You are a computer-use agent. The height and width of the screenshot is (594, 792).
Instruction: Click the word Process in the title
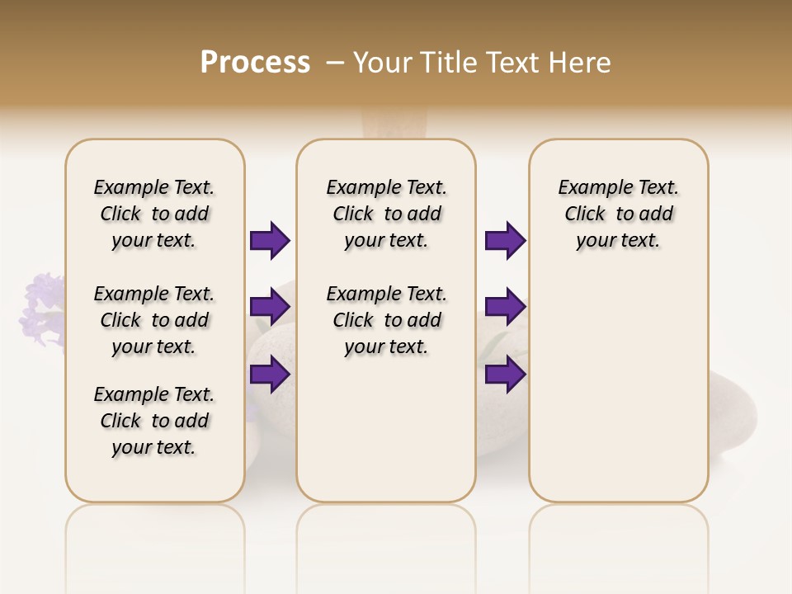(255, 63)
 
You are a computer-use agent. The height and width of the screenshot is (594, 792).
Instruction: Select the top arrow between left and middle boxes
(270, 240)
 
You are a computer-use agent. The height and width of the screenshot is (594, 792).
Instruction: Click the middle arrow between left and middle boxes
(270, 307)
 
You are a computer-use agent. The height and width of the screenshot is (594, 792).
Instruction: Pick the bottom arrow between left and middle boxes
(270, 374)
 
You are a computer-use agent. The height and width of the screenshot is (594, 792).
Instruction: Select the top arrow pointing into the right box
(505, 240)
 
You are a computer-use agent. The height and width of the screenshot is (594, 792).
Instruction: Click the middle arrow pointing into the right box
(505, 307)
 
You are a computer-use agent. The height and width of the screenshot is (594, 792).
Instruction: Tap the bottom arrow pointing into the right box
(505, 374)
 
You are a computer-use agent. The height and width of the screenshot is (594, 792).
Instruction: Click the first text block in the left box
(154, 214)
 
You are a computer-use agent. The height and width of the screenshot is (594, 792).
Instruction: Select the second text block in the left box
(154, 320)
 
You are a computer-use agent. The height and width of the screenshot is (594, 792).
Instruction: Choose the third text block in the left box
(154, 421)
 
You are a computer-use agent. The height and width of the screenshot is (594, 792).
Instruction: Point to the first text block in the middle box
(386, 214)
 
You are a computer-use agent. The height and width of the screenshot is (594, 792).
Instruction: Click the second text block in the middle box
(386, 320)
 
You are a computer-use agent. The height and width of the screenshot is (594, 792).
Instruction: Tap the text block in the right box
(618, 214)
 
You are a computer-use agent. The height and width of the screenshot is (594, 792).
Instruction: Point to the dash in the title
(336, 63)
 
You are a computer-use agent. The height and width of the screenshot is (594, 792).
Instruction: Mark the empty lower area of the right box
(618, 396)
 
